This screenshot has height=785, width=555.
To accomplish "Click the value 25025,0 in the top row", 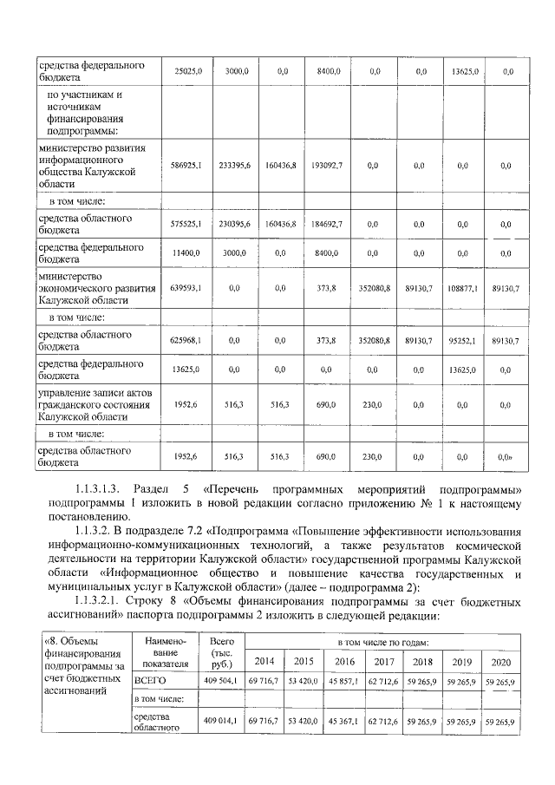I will tap(188, 71).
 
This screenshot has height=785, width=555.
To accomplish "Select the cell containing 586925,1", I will tap(188, 164).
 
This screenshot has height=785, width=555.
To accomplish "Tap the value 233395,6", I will tap(234, 164).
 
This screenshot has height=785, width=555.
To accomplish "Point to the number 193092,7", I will tap(327, 164).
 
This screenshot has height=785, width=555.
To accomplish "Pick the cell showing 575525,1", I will tap(188, 224).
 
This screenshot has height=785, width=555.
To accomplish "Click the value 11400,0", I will tap(188, 252).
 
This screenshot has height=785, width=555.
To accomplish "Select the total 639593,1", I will tap(188, 287).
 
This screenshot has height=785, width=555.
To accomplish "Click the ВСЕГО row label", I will tap(150, 682).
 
